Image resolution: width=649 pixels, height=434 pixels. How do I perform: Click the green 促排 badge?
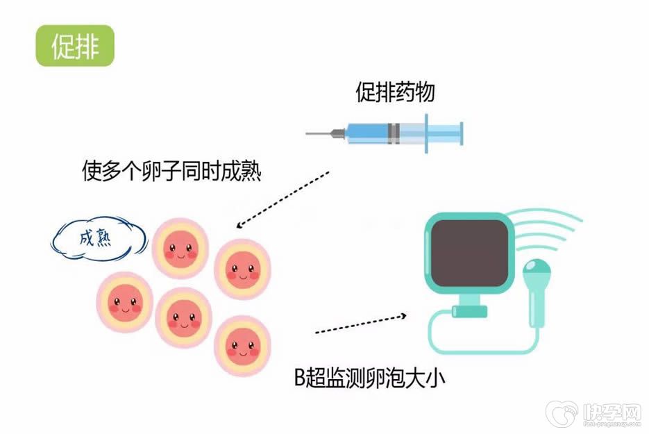(x=75, y=46)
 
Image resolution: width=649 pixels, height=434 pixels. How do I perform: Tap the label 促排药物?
(x=396, y=92)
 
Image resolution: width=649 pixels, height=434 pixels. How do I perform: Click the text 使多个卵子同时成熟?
(x=171, y=171)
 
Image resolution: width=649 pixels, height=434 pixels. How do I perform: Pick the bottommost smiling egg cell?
(x=241, y=344)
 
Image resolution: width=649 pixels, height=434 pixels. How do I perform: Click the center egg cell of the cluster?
(x=183, y=317)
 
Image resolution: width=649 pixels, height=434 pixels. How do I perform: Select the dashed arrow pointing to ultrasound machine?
(x=360, y=324)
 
